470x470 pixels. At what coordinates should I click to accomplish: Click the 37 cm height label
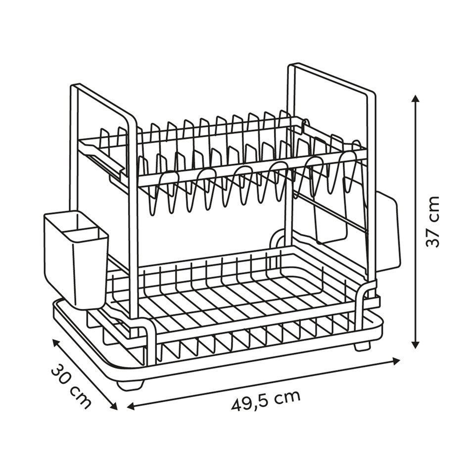point(433,221)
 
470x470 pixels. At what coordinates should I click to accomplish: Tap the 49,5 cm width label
point(265,400)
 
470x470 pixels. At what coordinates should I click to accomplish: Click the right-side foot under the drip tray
point(362,346)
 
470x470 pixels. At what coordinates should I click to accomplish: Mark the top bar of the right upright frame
point(331,78)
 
